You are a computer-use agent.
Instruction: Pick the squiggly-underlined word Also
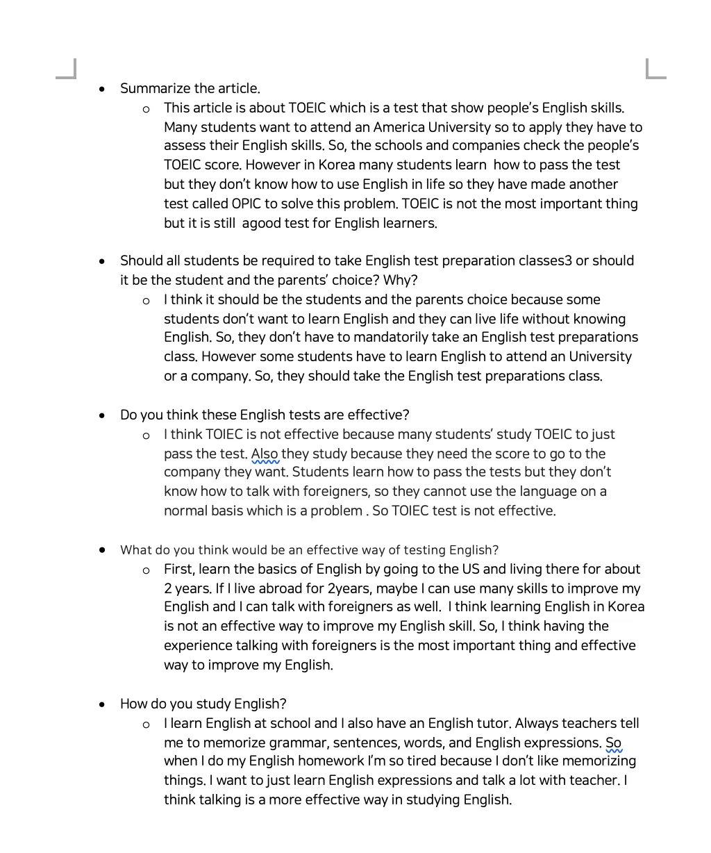click(x=265, y=454)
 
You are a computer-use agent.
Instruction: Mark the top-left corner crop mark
click(x=67, y=69)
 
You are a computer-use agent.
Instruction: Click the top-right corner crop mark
click(x=655, y=69)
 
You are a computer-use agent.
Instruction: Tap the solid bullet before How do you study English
click(x=103, y=704)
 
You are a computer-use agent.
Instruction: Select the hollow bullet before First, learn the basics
click(x=146, y=570)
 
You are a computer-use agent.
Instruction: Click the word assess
click(x=184, y=146)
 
